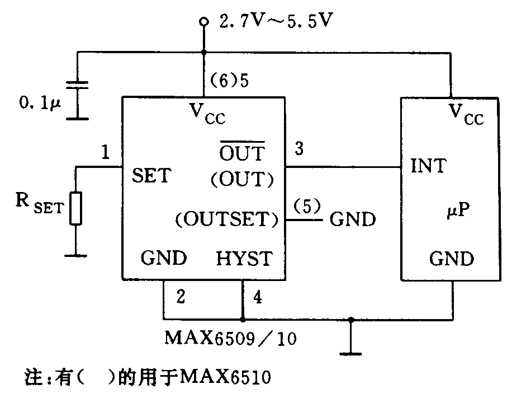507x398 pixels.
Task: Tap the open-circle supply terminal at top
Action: coord(204,22)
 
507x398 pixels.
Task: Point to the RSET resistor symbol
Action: coord(77,209)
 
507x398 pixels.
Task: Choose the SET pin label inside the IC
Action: coord(151,176)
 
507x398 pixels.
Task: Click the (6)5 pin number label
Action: coord(229,81)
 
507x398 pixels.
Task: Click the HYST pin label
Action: coord(244,259)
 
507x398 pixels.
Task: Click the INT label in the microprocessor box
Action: coord(428,166)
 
